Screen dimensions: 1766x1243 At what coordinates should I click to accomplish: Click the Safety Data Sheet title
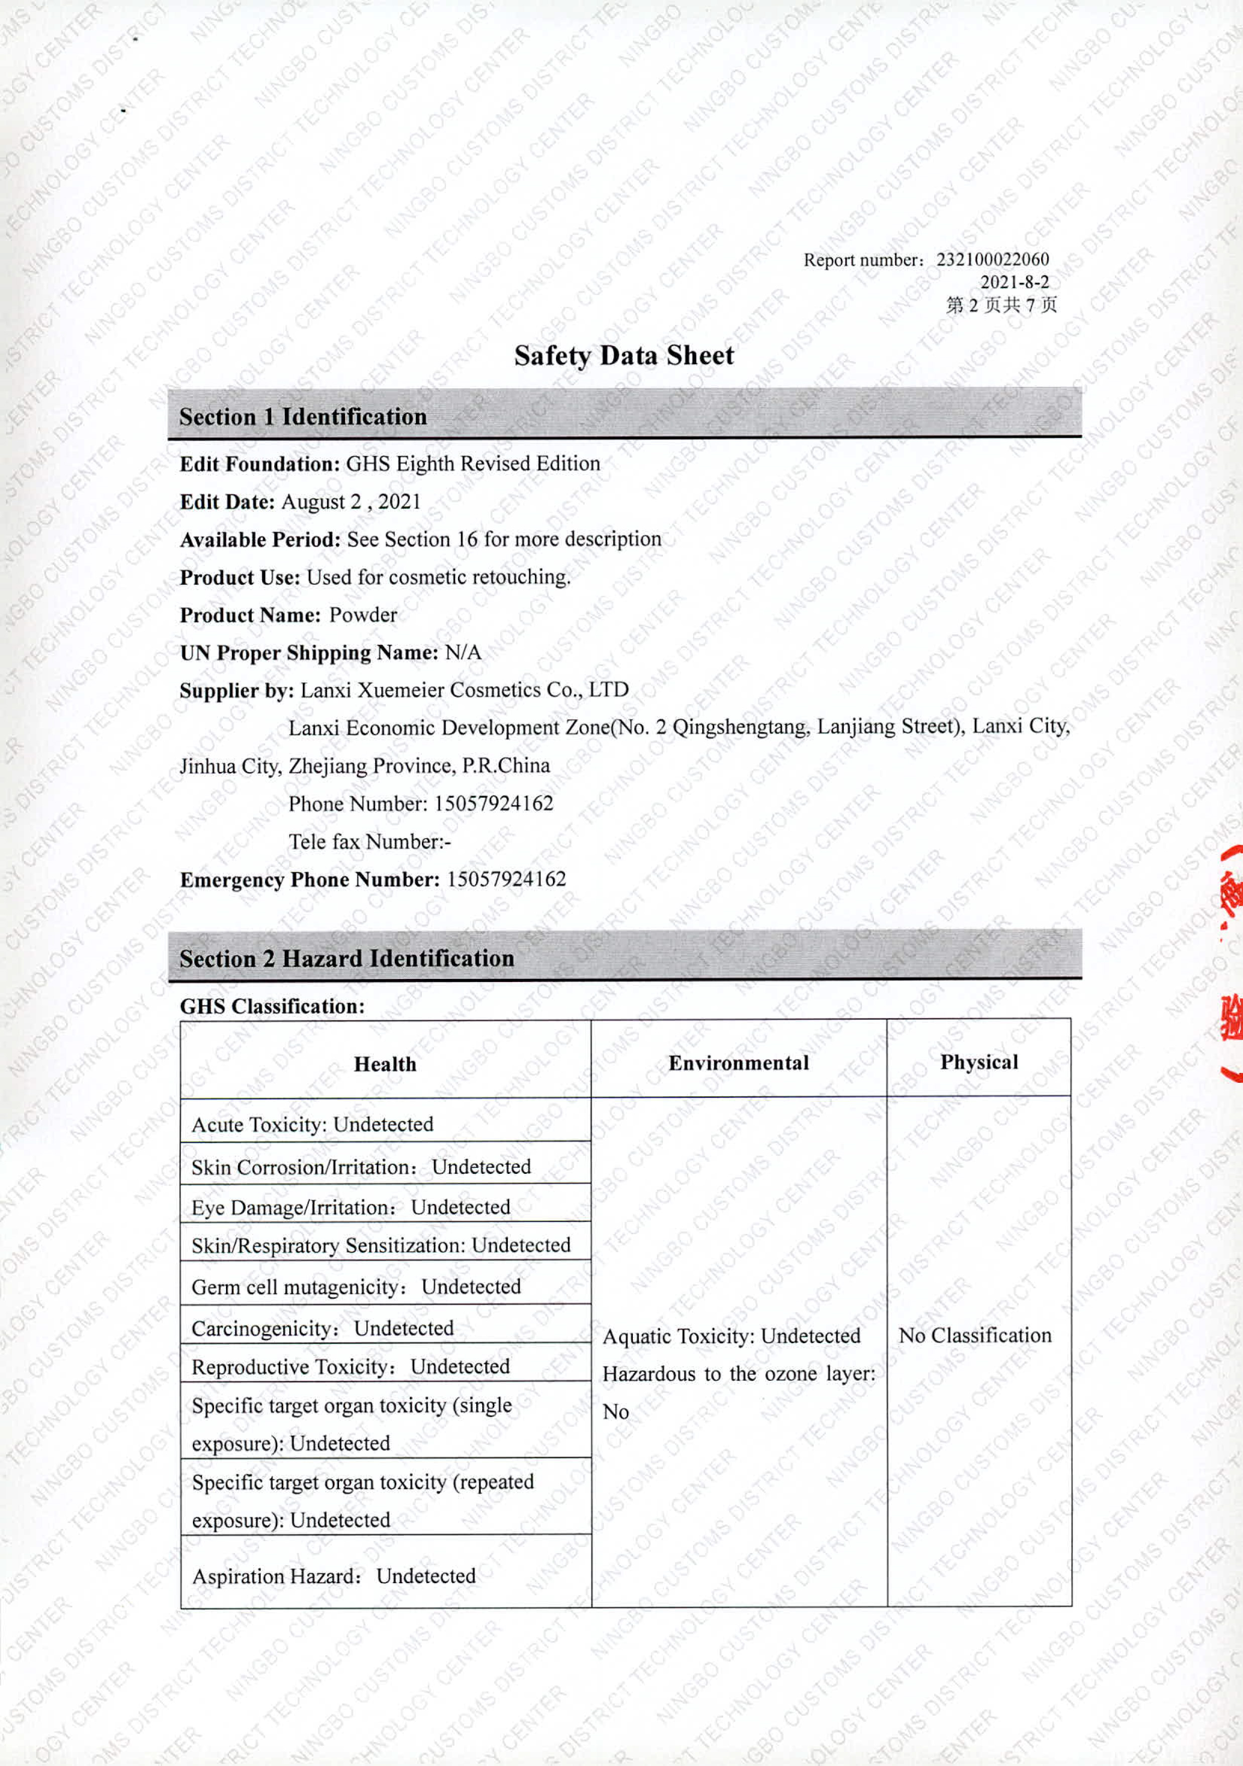[624, 355]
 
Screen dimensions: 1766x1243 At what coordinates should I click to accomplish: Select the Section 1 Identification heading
[302, 417]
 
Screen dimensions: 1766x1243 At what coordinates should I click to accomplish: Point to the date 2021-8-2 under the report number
[1014, 282]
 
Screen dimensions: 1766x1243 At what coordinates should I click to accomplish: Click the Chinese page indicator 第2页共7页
[1001, 305]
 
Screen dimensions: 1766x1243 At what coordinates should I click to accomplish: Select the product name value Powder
[363, 615]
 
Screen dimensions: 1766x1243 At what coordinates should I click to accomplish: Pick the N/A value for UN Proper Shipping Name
[463, 653]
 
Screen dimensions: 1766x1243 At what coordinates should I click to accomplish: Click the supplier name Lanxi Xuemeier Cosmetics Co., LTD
[464, 690]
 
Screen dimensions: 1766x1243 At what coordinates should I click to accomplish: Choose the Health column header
[385, 1064]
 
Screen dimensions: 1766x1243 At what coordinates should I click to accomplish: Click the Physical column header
[978, 1062]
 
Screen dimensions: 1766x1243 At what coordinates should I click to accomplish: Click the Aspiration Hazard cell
[334, 1577]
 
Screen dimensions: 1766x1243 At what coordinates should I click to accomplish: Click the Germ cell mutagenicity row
[356, 1287]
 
